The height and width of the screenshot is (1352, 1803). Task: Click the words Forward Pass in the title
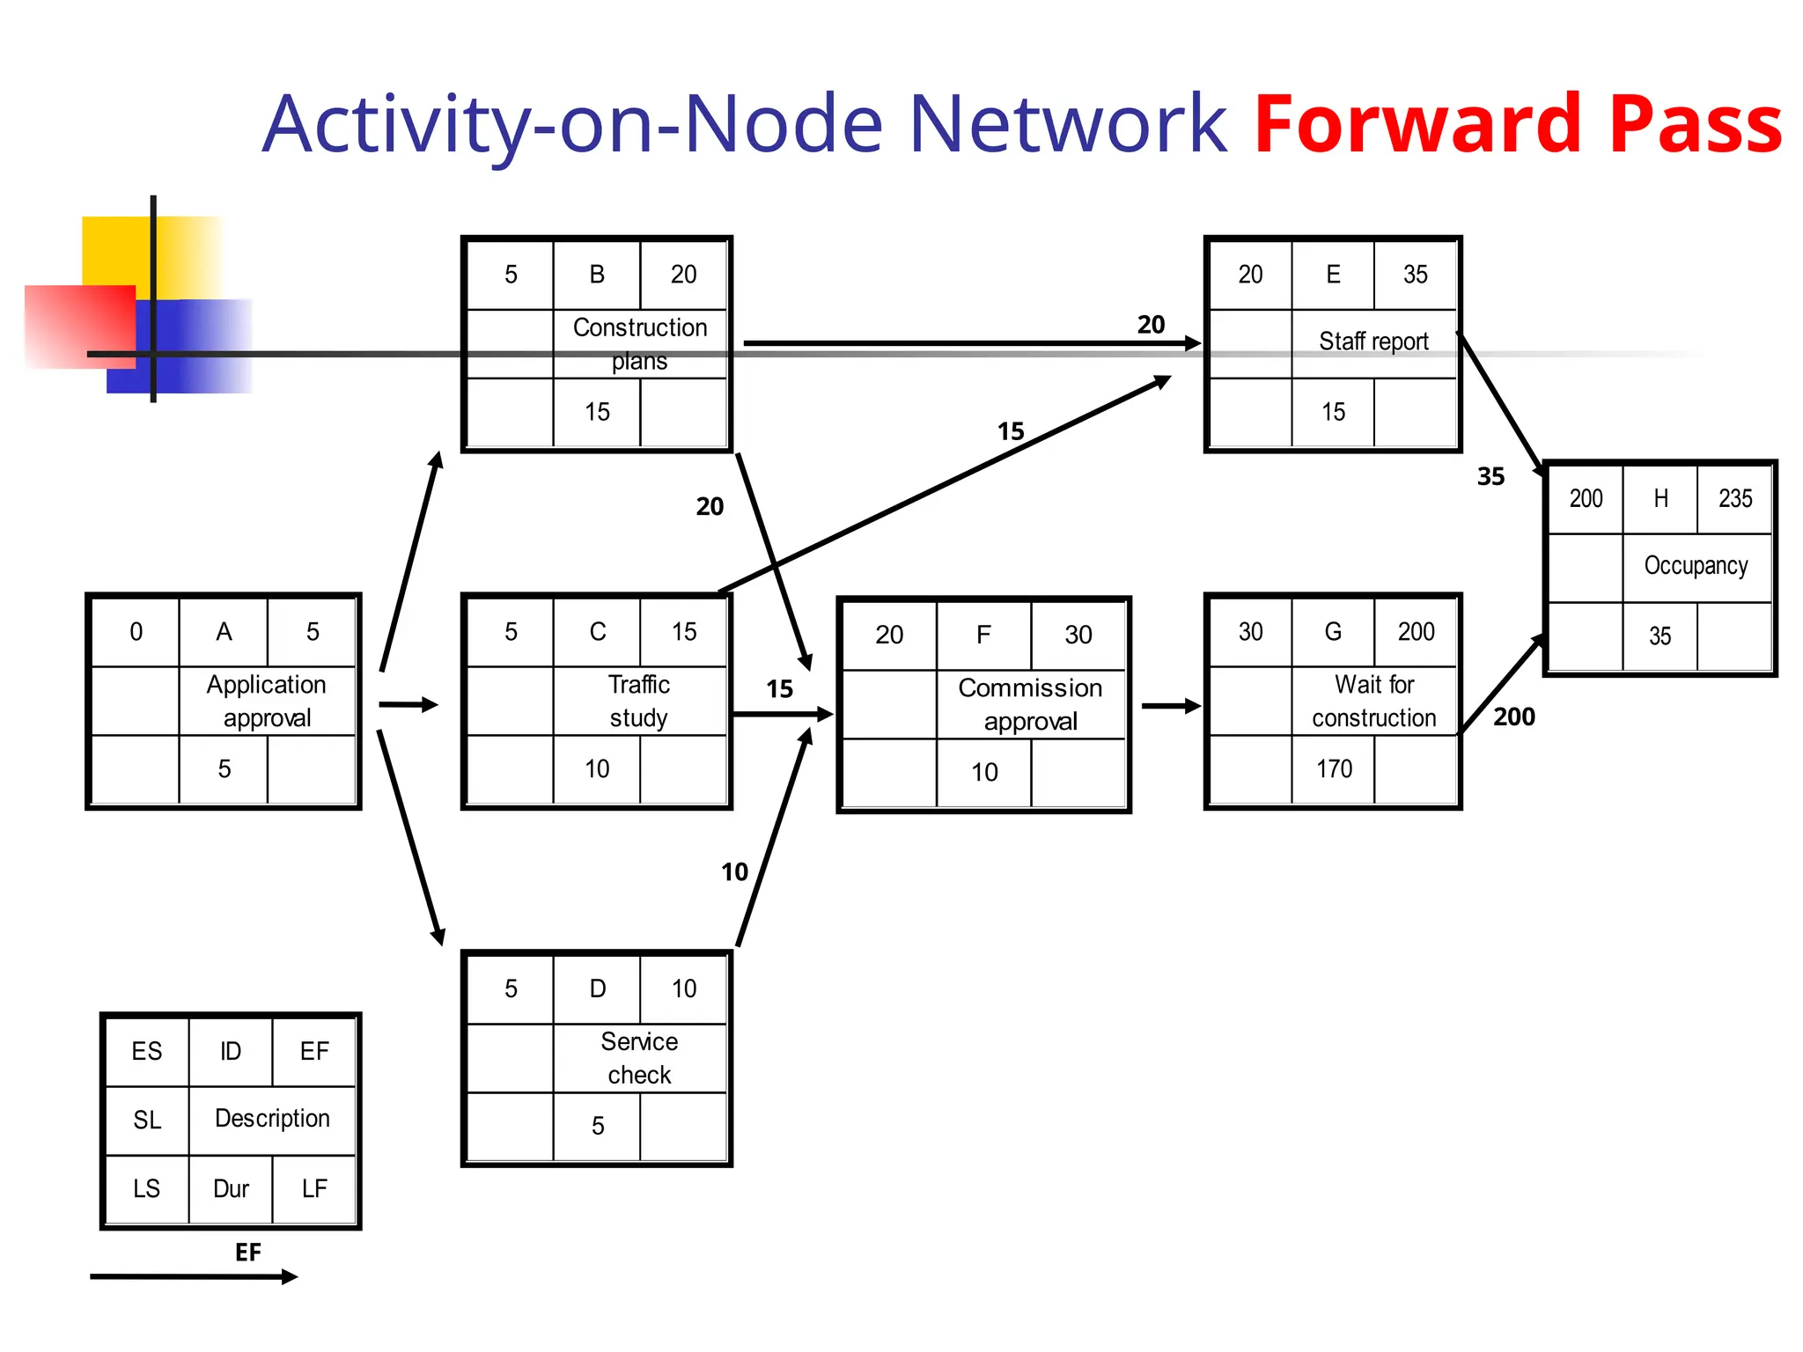tap(1517, 124)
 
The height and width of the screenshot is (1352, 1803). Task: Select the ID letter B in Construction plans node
tap(597, 275)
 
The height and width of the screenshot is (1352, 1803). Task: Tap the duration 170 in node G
tap(1334, 769)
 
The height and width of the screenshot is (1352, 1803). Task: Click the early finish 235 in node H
tap(1735, 499)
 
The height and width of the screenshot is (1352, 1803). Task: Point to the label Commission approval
tap(1030, 704)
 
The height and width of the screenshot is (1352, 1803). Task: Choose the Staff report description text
tap(1373, 342)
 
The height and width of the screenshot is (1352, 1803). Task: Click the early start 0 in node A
tap(136, 632)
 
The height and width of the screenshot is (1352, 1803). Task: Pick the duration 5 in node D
tap(598, 1126)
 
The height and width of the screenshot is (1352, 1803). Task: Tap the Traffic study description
tap(639, 701)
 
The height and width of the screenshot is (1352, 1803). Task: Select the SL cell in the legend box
tap(147, 1121)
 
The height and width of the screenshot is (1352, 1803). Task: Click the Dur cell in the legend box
tap(231, 1189)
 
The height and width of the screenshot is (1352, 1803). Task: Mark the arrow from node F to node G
tap(1170, 706)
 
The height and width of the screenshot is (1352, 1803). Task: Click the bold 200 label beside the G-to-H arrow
tap(1513, 717)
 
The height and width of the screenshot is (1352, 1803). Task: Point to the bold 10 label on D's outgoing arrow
tap(734, 872)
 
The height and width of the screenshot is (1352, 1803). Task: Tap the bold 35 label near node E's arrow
tap(1490, 477)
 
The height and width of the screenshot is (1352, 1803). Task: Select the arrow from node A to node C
tap(408, 704)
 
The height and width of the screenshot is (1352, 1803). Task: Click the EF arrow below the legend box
tap(194, 1276)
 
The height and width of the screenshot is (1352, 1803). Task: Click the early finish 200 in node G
tap(1416, 632)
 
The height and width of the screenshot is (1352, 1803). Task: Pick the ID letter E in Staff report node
tap(1333, 275)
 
